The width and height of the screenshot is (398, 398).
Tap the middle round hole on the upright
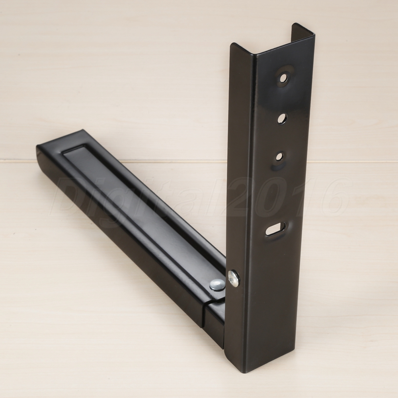(282, 119)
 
